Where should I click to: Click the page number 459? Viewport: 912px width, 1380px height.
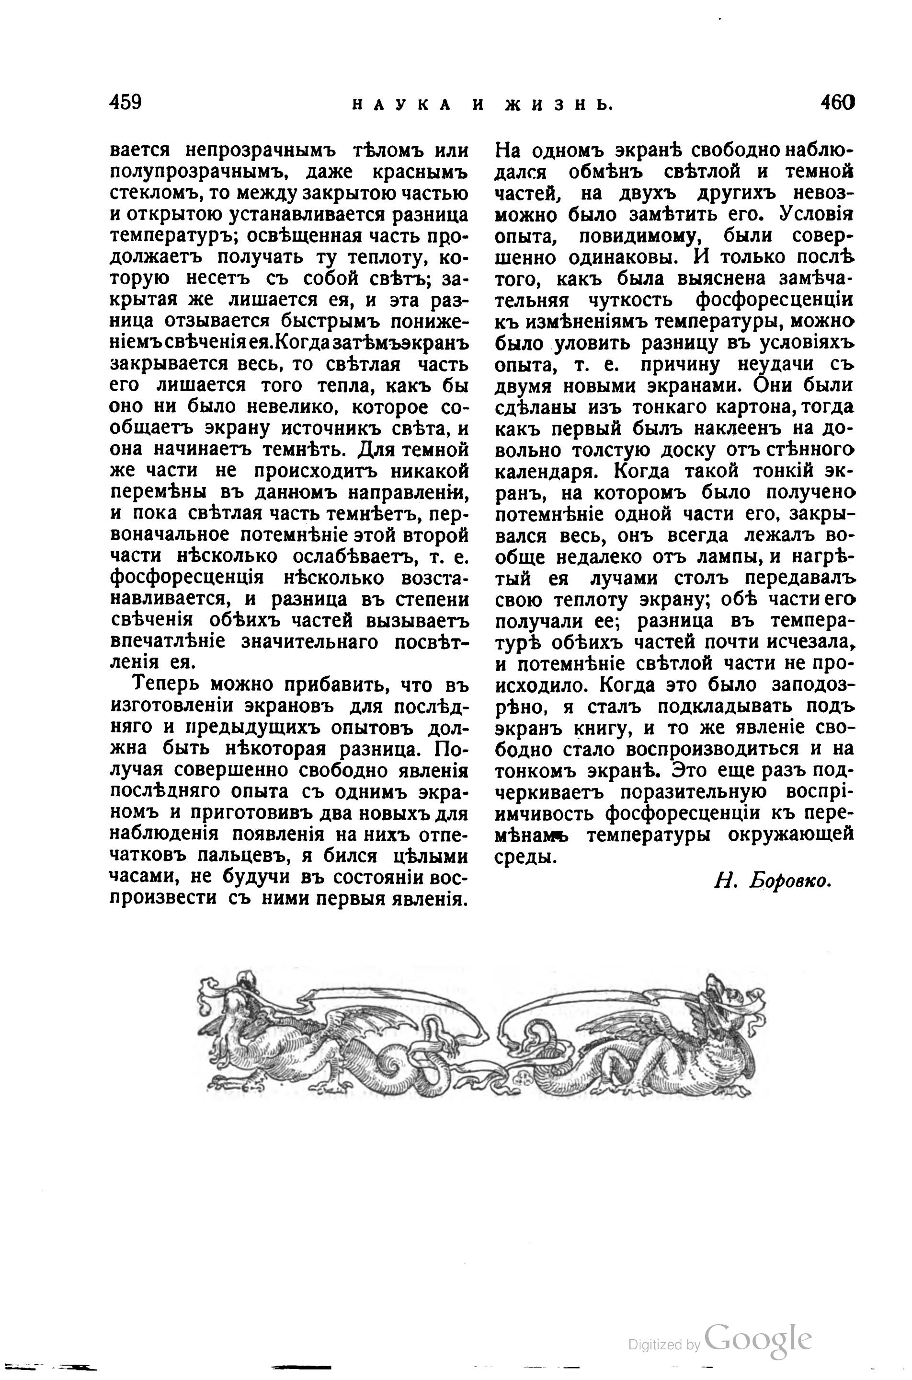(x=125, y=103)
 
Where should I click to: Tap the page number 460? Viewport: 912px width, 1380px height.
(x=838, y=103)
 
